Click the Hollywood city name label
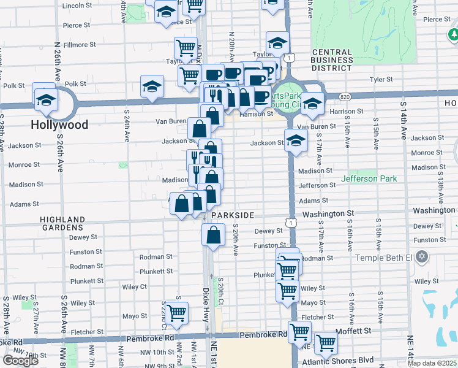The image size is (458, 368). click(59, 125)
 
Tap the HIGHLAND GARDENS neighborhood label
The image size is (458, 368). click(62, 223)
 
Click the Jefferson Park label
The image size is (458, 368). click(369, 178)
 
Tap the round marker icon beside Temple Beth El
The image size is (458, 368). click(422, 255)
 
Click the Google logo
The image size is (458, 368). click(20, 361)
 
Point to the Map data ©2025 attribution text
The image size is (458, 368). click(432, 363)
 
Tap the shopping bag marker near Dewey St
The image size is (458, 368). click(212, 235)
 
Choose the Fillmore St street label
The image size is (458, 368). click(78, 45)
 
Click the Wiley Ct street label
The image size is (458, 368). click(134, 286)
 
